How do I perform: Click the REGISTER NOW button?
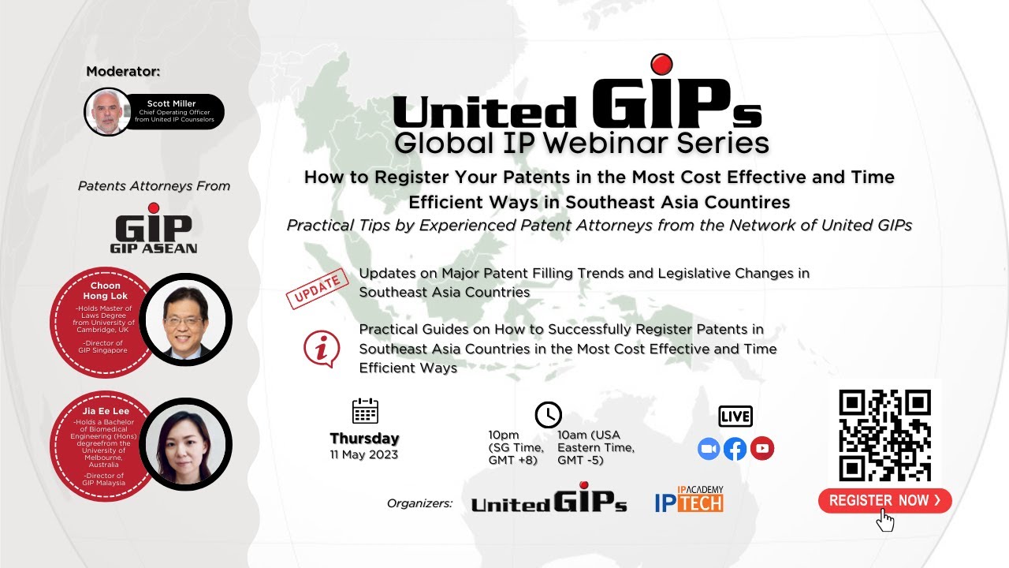884,500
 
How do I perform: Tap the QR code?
884,435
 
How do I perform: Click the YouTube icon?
761,449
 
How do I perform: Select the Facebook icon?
735,449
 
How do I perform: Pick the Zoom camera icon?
709,449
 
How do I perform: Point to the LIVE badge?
735,416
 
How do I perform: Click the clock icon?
548,414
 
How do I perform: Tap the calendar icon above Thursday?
365,411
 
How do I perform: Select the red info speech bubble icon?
322,349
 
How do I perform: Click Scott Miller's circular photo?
108,112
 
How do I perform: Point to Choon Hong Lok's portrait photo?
186,319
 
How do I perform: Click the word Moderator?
123,72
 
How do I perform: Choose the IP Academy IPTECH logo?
689,499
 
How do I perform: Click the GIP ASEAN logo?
154,230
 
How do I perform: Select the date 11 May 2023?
364,454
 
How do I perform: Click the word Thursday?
364,439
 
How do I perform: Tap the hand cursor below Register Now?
885,520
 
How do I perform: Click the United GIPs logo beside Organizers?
549,499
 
